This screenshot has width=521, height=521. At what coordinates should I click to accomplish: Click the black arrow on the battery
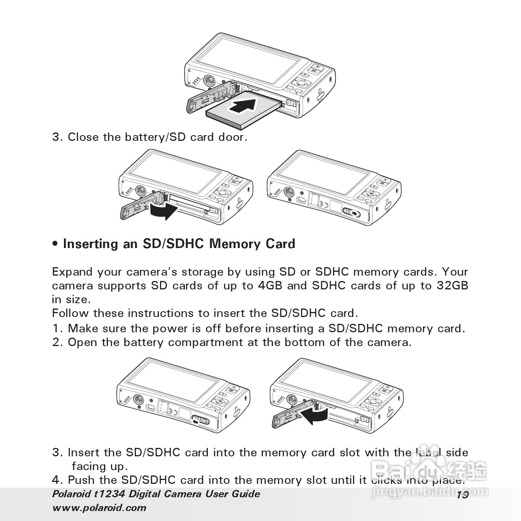pyautogui.click(x=243, y=105)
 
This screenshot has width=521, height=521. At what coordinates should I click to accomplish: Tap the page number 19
pyautogui.click(x=462, y=495)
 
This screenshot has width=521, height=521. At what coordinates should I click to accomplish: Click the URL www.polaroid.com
pyautogui.click(x=99, y=508)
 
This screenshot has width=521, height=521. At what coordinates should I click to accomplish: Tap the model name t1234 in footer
pyautogui.click(x=109, y=494)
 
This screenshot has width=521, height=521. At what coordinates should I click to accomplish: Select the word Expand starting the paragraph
pyautogui.click(x=72, y=272)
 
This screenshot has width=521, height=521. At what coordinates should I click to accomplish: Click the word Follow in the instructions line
pyautogui.click(x=71, y=313)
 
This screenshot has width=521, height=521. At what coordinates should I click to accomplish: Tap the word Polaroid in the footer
pyautogui.click(x=71, y=494)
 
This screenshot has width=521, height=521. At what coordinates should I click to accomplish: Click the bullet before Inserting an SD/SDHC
pyautogui.click(x=56, y=244)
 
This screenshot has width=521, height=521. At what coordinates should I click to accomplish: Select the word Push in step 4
pyautogui.click(x=81, y=480)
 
